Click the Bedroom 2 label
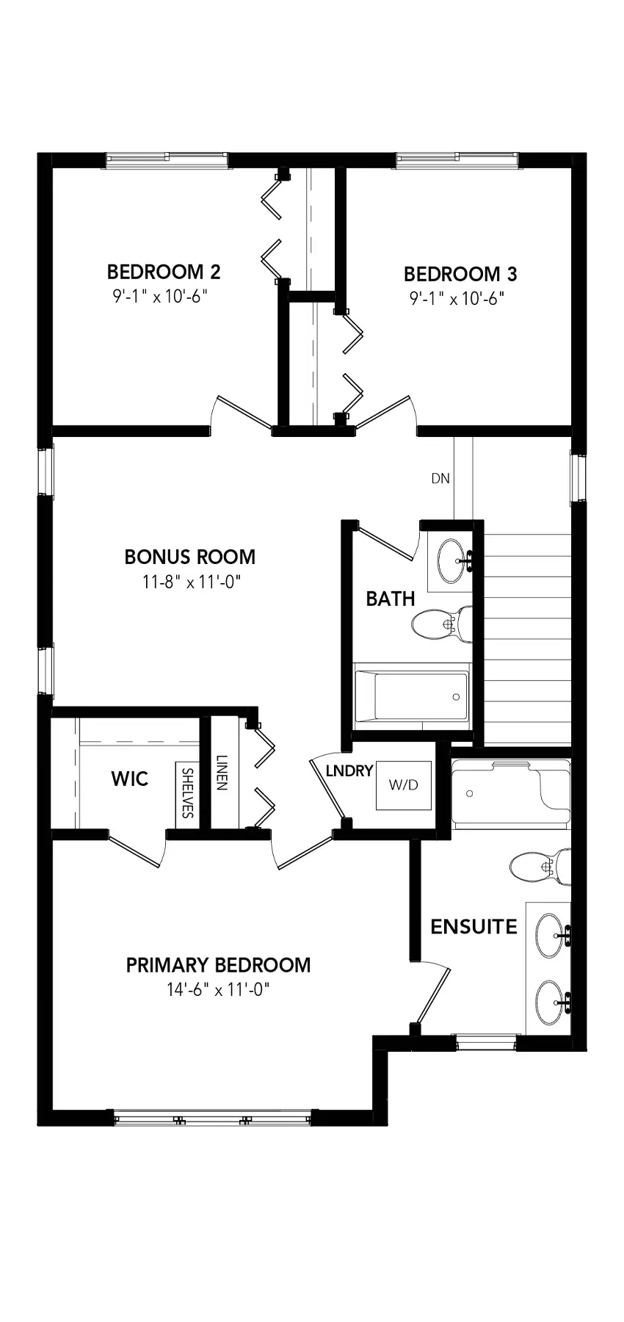pyautogui.click(x=164, y=272)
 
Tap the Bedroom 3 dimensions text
pyautogui.click(x=457, y=299)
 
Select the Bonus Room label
pyautogui.click(x=190, y=557)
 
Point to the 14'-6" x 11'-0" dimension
pyautogui.click(x=218, y=990)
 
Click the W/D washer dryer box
pyautogui.click(x=403, y=784)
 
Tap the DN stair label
pyautogui.click(x=440, y=479)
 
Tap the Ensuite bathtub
pyautogui.click(x=511, y=794)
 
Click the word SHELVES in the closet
pyautogui.click(x=187, y=793)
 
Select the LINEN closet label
pyautogui.click(x=221, y=773)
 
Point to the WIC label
pyautogui.click(x=130, y=779)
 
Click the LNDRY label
pyautogui.click(x=349, y=771)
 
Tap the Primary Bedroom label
pyautogui.click(x=218, y=965)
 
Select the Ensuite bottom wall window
pyautogui.click(x=487, y=1042)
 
